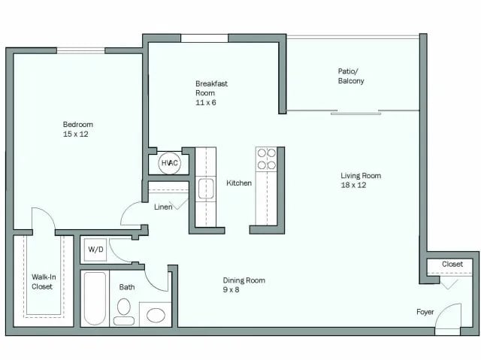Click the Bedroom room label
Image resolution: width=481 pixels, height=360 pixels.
tap(77, 124)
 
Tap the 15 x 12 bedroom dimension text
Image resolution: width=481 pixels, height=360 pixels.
tap(77, 134)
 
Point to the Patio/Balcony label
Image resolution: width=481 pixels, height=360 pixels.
tap(351, 76)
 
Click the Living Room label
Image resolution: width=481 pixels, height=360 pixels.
tap(361, 176)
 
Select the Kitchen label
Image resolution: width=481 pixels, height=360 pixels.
tap(239, 183)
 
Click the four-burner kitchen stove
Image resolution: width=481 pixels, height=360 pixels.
tap(266, 159)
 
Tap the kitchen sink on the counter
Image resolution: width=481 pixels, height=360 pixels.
tap(206, 189)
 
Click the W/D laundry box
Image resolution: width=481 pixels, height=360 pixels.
tap(95, 250)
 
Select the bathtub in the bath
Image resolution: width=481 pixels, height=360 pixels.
tap(95, 298)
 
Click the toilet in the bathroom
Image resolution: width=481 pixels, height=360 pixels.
tap(124, 310)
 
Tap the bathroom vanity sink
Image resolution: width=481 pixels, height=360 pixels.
tap(156, 315)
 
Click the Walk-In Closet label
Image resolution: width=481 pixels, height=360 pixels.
tap(43, 281)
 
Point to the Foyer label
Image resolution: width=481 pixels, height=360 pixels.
tap(425, 311)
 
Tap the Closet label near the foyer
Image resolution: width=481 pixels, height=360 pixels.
tap(452, 265)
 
